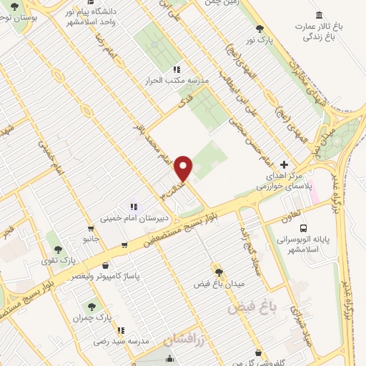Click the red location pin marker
184,169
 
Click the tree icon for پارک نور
259,29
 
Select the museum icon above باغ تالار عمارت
318,15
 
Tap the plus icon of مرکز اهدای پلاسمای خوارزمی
285,164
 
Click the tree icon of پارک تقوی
58,249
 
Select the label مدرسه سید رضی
124,341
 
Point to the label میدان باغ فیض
219,283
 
